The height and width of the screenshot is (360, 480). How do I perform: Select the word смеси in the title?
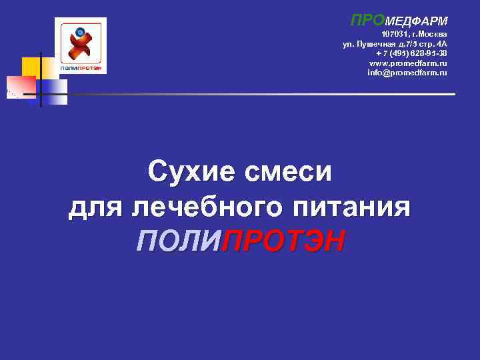click(x=289, y=173)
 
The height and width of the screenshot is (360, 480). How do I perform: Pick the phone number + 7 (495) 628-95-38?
click(x=411, y=53)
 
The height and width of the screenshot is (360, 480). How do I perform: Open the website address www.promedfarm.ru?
click(x=408, y=63)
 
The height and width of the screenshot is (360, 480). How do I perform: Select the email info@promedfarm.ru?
click(x=407, y=72)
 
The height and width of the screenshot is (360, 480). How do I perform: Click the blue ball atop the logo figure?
click(x=81, y=31)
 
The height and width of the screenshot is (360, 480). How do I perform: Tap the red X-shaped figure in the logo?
click(x=81, y=48)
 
